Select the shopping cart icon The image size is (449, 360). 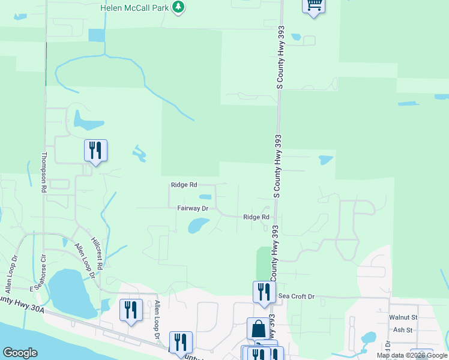[x=313, y=5]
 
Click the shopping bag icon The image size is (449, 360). [x=258, y=329]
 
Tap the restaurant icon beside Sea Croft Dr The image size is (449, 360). [x=264, y=292]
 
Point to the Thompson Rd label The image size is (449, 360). [x=43, y=172]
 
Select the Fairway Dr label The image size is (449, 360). [x=192, y=209]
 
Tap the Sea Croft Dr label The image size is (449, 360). [x=297, y=296]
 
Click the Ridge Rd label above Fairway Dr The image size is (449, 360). [x=184, y=185]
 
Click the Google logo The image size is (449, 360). [x=20, y=353]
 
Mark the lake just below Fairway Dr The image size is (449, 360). [x=197, y=226]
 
